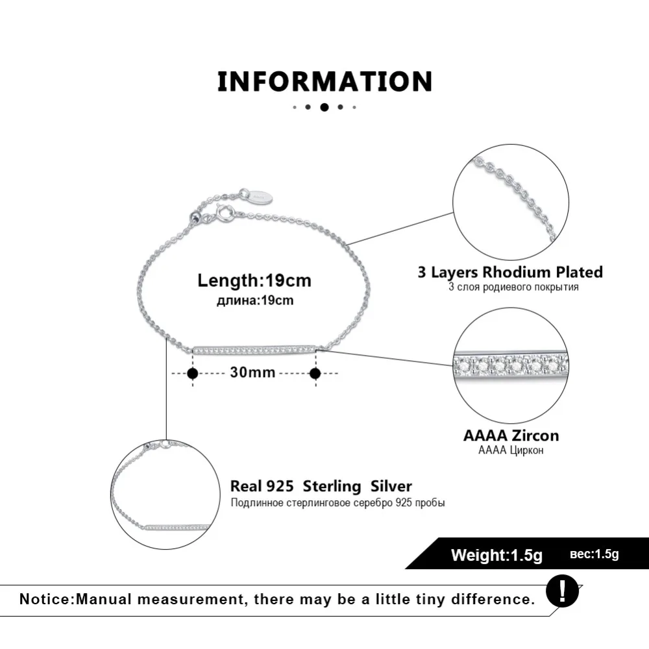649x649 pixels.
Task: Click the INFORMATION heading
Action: [x=324, y=82]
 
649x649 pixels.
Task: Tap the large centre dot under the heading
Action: [x=324, y=107]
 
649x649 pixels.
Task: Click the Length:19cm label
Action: [x=254, y=280]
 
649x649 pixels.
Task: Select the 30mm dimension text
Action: [x=252, y=373]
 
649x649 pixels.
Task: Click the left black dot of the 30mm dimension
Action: [x=192, y=373]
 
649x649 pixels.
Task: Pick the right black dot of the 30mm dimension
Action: [x=315, y=373]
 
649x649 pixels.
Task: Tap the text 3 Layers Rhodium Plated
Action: [x=510, y=271]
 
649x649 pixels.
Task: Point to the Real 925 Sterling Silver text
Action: [x=321, y=486]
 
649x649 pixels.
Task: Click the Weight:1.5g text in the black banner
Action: [x=496, y=555]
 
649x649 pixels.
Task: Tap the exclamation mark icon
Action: [x=561, y=591]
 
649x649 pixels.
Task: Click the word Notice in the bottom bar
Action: [x=45, y=598]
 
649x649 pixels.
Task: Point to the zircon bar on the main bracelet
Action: [x=254, y=349]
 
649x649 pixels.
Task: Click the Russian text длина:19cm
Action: [x=255, y=300]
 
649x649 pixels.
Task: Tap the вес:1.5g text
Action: [x=594, y=554]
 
